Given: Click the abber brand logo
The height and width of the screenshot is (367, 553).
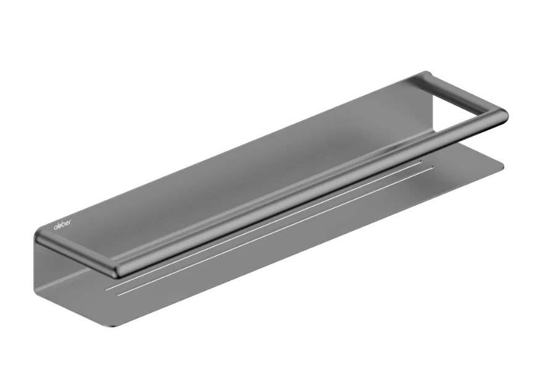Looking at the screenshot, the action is [62, 224].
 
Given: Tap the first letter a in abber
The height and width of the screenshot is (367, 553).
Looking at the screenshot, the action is [56, 227].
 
